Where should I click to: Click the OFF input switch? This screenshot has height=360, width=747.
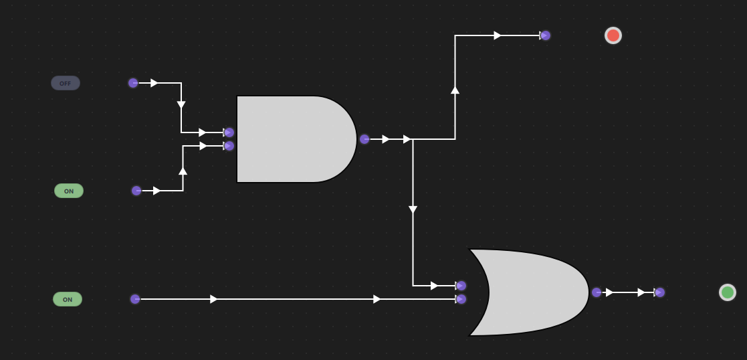(x=66, y=83)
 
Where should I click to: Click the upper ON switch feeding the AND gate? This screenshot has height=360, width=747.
(x=69, y=191)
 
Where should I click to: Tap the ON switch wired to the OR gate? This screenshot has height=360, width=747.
(x=68, y=299)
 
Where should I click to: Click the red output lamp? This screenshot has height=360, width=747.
(x=613, y=35)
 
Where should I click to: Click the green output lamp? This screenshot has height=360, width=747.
(x=728, y=292)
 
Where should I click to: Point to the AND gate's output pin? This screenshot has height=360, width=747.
(x=364, y=139)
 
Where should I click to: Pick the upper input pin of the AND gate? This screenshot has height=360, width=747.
(x=229, y=132)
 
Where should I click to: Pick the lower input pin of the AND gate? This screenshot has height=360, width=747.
(x=229, y=146)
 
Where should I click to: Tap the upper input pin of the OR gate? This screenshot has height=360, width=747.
(x=461, y=286)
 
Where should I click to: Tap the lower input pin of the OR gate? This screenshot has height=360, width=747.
(x=461, y=299)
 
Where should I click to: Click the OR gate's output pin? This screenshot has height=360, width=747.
(x=597, y=292)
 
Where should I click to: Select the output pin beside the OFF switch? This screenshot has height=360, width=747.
(x=133, y=83)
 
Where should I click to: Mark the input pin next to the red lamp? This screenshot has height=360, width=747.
(x=545, y=35)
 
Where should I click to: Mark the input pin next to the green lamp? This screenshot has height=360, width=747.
(x=659, y=292)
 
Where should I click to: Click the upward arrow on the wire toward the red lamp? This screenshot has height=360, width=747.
(x=455, y=89)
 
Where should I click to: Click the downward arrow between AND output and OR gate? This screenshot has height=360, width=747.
(x=413, y=210)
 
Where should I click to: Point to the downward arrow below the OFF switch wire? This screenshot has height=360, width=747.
(x=181, y=105)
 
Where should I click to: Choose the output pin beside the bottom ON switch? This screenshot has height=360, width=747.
(x=135, y=299)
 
